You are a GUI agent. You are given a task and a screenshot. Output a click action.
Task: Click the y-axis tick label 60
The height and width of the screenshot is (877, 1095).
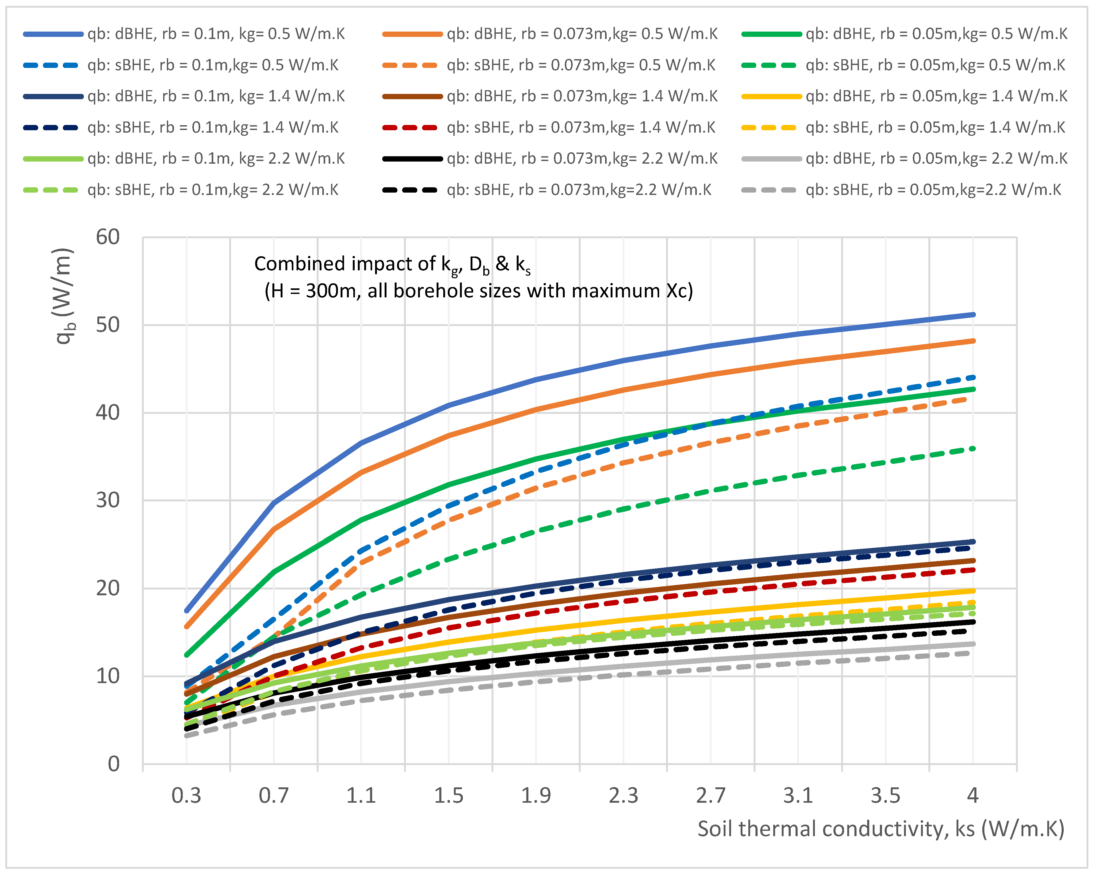click(108, 237)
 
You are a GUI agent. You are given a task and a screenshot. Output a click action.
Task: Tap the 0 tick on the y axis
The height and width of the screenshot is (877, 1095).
click(114, 764)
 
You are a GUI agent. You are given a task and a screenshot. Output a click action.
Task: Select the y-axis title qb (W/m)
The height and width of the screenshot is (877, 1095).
click(65, 296)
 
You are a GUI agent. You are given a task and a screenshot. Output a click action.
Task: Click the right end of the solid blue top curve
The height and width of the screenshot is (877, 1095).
click(973, 315)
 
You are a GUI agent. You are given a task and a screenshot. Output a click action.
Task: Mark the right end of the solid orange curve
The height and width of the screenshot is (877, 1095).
click(973, 341)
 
